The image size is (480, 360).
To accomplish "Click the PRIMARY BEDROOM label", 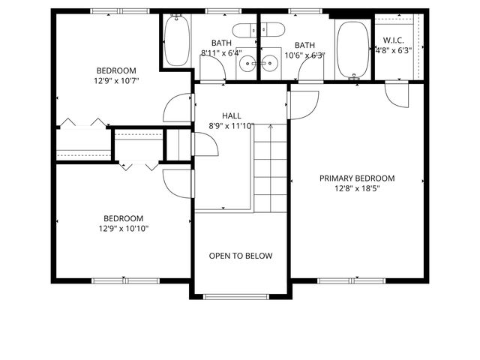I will click(357, 178).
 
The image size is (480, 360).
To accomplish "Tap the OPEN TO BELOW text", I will click(240, 256).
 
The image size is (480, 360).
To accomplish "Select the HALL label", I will click(231, 115).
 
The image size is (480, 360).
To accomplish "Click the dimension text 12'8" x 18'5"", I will click(357, 189).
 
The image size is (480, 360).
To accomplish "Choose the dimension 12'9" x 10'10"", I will click(123, 228).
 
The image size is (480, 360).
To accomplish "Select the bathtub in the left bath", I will click(177, 42).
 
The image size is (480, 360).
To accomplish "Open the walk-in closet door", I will click(395, 93).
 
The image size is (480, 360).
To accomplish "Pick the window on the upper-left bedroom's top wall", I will click(119, 11).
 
